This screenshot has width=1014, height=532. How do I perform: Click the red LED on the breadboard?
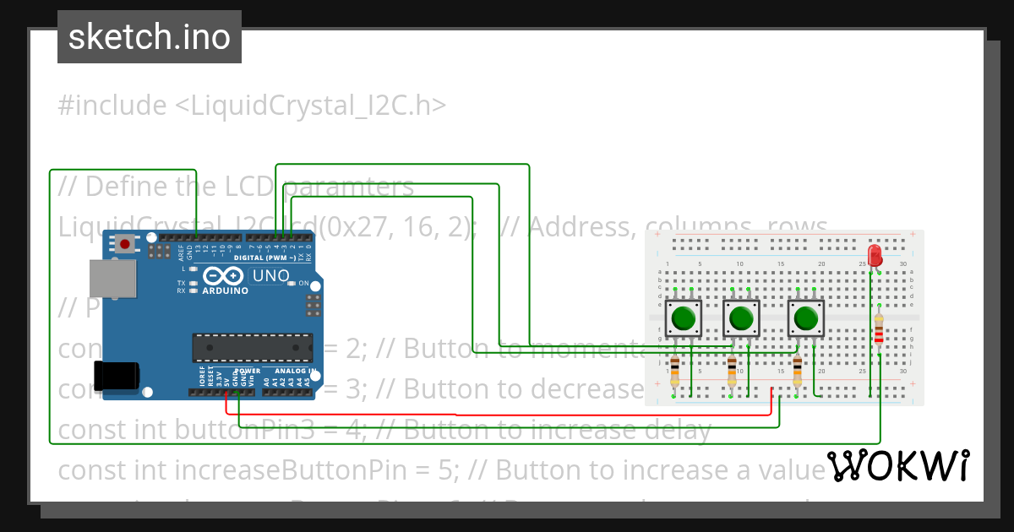(x=875, y=253)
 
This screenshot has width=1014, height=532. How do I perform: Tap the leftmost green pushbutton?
(x=683, y=319)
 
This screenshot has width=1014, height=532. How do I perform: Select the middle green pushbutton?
(x=741, y=319)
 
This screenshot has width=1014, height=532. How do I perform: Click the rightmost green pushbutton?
(x=806, y=319)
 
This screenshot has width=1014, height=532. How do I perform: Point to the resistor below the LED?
(x=880, y=334)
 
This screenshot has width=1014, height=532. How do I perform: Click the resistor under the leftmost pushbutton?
(x=674, y=372)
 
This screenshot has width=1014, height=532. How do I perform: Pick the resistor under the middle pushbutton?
(x=732, y=372)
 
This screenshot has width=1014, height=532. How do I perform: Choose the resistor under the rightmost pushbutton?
(x=798, y=372)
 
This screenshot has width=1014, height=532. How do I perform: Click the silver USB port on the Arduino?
(x=112, y=278)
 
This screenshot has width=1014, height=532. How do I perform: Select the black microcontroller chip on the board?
(x=252, y=347)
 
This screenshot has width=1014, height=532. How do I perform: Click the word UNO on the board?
(x=271, y=275)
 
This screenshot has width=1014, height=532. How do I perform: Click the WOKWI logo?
(x=897, y=465)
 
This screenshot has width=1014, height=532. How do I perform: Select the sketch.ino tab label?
(x=150, y=37)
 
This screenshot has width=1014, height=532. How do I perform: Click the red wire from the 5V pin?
(x=456, y=415)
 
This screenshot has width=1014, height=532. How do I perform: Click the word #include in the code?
(x=112, y=106)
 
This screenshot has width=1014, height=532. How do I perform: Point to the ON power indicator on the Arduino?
(x=303, y=283)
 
